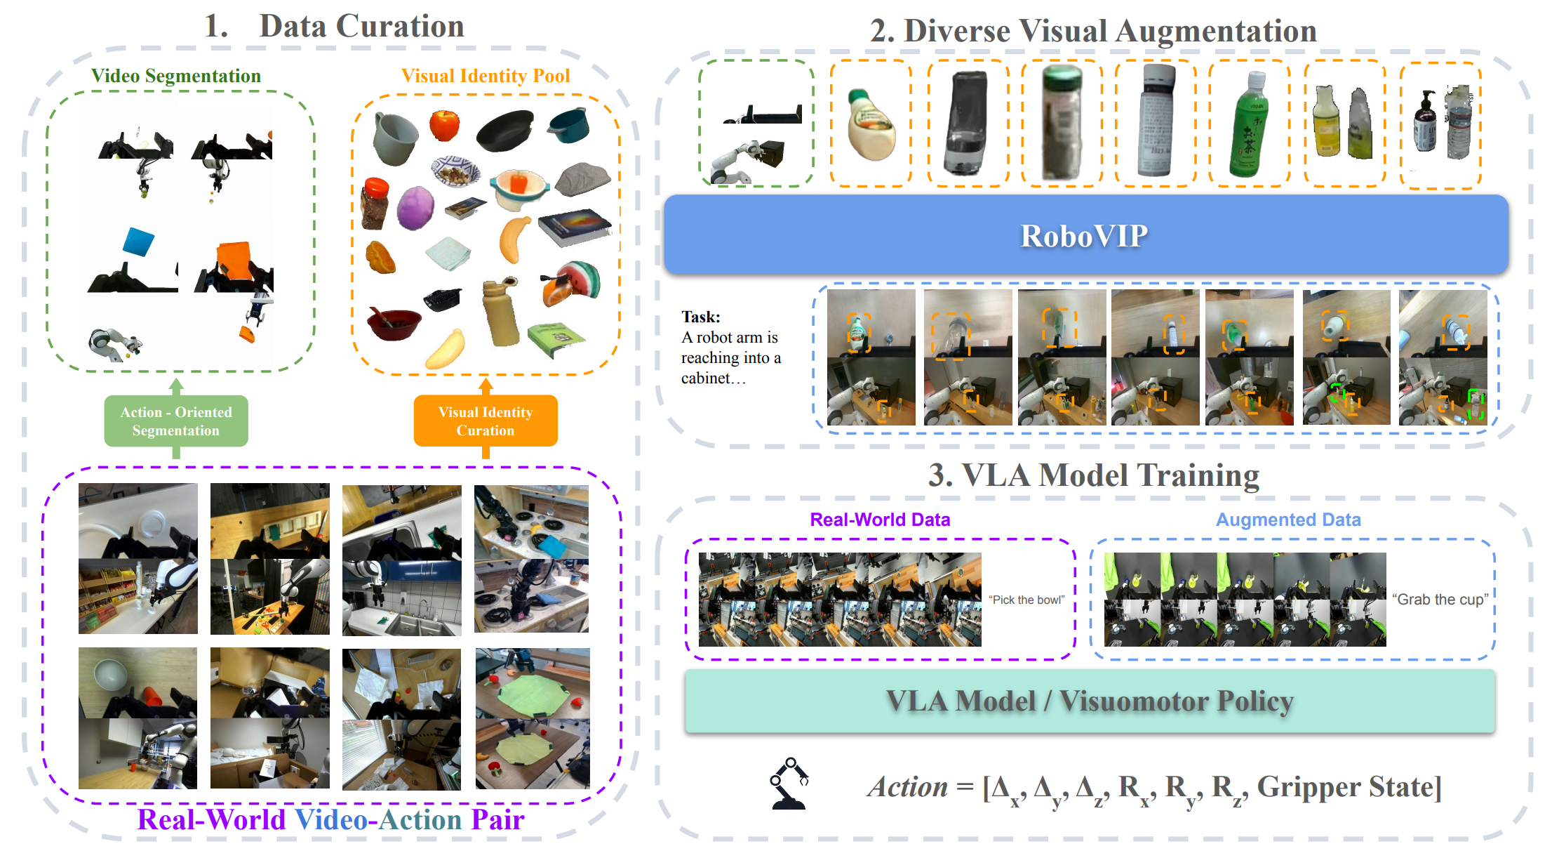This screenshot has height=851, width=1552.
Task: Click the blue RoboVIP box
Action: click(1085, 236)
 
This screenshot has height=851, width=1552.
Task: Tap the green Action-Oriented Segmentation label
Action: click(176, 421)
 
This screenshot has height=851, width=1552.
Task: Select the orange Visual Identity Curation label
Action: click(486, 421)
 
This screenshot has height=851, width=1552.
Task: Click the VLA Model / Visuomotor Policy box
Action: click(1090, 701)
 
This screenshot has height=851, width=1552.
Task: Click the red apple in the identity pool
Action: click(444, 125)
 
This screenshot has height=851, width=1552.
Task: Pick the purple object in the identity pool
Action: click(415, 208)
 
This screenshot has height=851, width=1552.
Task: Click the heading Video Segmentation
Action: click(176, 76)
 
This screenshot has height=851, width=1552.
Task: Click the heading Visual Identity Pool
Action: click(486, 76)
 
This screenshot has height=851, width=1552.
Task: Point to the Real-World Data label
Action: click(880, 520)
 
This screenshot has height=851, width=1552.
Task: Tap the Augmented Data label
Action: click(1288, 520)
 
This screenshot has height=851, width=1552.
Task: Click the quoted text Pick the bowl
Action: click(1026, 600)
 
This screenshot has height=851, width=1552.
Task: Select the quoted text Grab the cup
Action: click(1440, 600)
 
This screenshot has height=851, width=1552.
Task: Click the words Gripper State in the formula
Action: click(1348, 787)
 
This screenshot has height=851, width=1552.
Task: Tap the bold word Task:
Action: click(701, 317)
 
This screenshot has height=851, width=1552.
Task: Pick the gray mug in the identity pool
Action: click(394, 138)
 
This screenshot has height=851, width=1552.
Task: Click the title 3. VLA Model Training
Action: click(1093, 475)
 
